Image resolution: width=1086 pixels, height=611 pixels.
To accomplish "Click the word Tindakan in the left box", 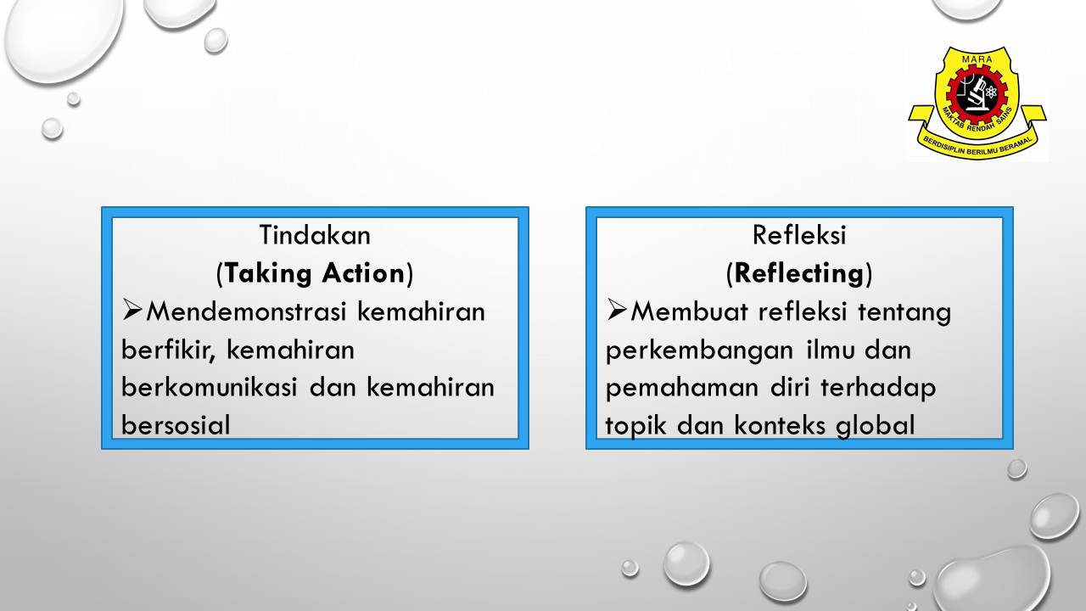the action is [315, 235].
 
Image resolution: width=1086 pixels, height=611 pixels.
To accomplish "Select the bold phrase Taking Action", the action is [315, 273].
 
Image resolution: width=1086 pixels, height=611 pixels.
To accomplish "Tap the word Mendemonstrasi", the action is [246, 311].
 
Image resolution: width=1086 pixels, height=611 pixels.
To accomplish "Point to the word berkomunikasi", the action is [209, 388].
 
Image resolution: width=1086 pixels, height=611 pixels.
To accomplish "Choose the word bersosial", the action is [176, 425].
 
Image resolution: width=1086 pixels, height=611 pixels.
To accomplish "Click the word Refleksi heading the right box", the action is [799, 235].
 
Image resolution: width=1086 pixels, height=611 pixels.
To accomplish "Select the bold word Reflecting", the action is [799, 274].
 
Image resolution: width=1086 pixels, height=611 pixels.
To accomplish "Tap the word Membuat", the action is [689, 311].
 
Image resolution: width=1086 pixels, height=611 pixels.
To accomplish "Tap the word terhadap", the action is [878, 389].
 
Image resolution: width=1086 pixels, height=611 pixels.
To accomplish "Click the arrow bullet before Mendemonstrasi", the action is [132, 311].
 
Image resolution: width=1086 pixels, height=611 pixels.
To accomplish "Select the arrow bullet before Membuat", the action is [616, 311].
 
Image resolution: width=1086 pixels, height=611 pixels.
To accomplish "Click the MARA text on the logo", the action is [977, 59].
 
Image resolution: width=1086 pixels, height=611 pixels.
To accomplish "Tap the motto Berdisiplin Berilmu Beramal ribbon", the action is [977, 141].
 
